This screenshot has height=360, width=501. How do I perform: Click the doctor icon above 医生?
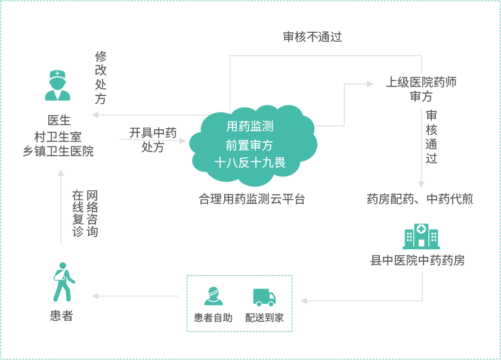(58, 85)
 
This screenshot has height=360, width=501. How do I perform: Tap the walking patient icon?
(62, 282)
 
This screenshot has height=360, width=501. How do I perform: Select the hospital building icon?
(421, 237)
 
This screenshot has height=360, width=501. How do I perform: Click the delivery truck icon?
(264, 297)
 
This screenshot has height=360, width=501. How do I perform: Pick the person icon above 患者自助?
(213, 296)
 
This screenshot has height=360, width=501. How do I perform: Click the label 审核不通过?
(313, 37)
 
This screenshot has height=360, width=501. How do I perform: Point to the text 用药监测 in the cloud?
(250, 126)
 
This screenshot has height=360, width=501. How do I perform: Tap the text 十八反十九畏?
(250, 162)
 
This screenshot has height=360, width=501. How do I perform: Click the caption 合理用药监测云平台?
(252, 199)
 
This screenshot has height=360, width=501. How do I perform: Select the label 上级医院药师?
(421, 82)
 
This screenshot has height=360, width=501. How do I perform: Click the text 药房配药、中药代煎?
(420, 199)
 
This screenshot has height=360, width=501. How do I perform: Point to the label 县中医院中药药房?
(417, 260)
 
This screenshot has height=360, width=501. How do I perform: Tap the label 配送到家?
(264, 318)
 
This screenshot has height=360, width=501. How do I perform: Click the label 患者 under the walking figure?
(61, 316)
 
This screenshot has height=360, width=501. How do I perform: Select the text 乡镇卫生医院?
(58, 151)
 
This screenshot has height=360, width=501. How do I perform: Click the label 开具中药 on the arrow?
(153, 132)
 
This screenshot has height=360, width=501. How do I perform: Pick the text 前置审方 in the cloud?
(250, 145)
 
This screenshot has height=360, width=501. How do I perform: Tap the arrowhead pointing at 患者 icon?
(95, 296)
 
